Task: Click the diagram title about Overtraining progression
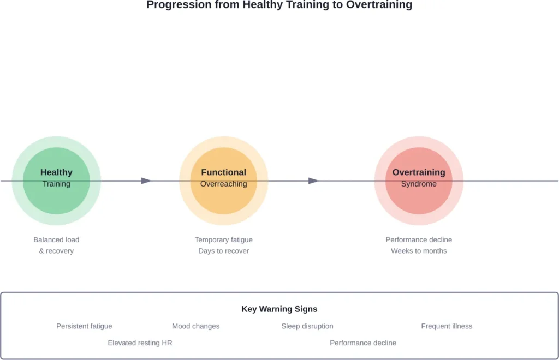[x=279, y=5]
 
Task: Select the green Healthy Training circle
[x=56, y=196]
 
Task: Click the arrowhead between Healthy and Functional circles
[x=146, y=181]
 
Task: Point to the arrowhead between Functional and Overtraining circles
[x=313, y=181]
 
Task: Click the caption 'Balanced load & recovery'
[x=56, y=245]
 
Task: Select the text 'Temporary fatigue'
[x=224, y=240]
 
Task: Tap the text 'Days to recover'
[x=224, y=251]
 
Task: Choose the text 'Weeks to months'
[x=419, y=251]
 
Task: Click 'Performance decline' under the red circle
[x=419, y=240]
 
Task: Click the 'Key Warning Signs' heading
[x=279, y=309]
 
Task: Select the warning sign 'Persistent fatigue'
[x=84, y=326]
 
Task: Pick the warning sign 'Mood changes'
[x=195, y=326]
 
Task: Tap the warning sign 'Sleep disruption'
[x=307, y=326]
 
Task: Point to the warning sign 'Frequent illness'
[x=447, y=326]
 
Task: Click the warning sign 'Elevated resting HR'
[x=140, y=343]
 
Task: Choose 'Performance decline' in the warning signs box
[x=363, y=343]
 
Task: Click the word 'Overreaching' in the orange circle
[x=224, y=184]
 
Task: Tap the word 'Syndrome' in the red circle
[x=419, y=184]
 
